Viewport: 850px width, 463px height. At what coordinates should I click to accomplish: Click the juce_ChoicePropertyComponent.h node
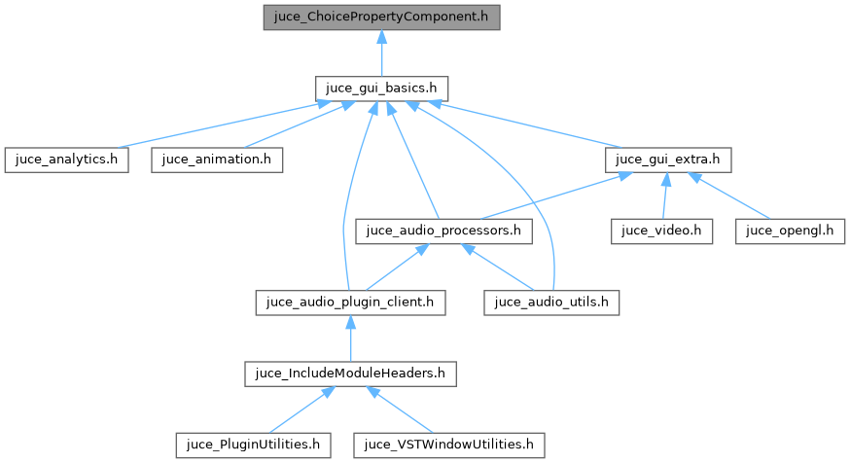pos(381,17)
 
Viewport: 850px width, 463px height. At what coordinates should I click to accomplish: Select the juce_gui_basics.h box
pos(381,88)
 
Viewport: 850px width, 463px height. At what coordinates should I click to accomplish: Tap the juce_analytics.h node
pos(66,160)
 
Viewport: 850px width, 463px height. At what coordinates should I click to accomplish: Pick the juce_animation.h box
pos(217,160)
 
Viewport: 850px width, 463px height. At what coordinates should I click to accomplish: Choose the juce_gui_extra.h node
pos(667,160)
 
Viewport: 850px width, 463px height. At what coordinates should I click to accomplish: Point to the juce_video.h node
pos(661,231)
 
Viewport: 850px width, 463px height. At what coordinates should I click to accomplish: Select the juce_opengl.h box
pos(791,231)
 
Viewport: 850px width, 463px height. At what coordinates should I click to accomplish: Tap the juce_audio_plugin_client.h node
pos(350,302)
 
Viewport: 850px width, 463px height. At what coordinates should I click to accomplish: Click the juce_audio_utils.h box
pos(551,302)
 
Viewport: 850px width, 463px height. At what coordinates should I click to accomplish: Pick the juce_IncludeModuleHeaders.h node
pos(350,373)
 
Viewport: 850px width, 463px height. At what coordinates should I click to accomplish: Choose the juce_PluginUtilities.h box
pos(253,445)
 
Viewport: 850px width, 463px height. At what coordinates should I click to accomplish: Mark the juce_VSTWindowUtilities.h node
pos(448,445)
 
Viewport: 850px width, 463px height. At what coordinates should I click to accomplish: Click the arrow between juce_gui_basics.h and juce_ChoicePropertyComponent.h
pos(381,53)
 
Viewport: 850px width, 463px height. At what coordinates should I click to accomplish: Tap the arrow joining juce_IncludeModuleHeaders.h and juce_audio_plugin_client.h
pos(350,338)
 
